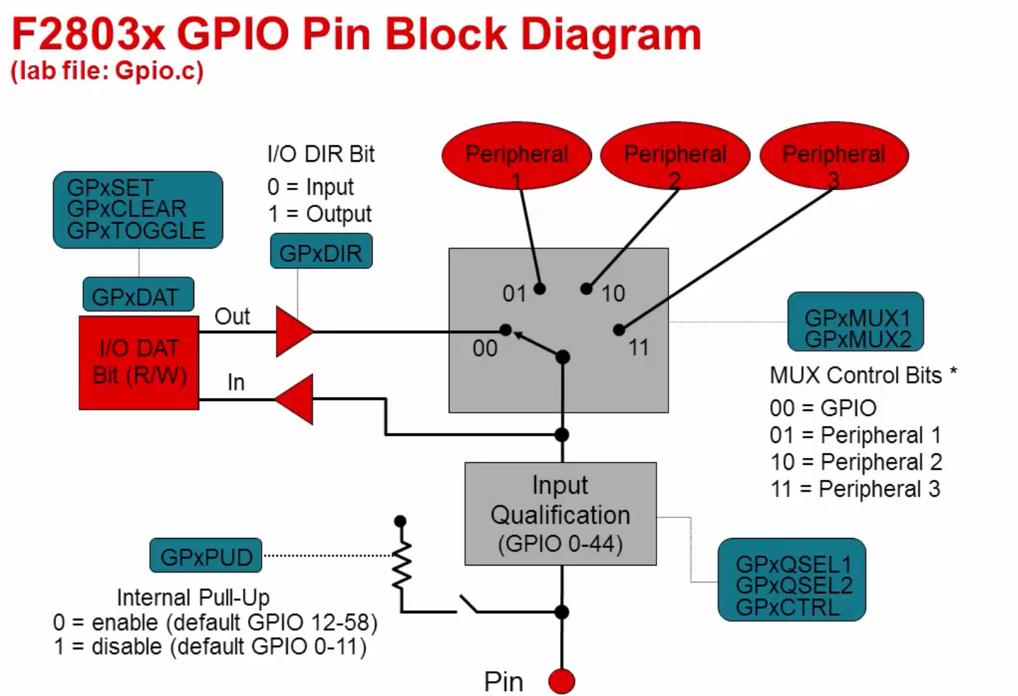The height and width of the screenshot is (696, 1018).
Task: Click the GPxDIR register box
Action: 321,252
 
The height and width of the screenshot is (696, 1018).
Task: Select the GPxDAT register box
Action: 138,295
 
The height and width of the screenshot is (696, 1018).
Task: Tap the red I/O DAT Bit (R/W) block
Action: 139,362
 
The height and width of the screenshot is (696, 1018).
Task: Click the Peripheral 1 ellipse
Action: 516,155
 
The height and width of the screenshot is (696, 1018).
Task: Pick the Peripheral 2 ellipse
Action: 675,155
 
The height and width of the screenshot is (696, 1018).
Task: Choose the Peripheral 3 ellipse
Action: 834,155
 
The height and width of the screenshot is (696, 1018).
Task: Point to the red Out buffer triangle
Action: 293,331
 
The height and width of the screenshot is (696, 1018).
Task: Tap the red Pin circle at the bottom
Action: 561,681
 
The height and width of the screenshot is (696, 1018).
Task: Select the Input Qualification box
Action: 560,514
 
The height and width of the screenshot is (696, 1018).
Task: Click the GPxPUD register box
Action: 206,556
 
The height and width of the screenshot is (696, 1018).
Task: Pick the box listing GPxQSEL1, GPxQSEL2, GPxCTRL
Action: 792,580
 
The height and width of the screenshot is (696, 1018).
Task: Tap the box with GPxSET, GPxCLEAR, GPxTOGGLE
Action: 138,210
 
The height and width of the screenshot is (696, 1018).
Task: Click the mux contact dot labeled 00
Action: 505,330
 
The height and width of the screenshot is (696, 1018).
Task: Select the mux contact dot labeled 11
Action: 619,330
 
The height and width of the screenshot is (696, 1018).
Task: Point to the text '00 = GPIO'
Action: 823,408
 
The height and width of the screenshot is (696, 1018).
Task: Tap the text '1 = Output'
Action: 319,213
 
